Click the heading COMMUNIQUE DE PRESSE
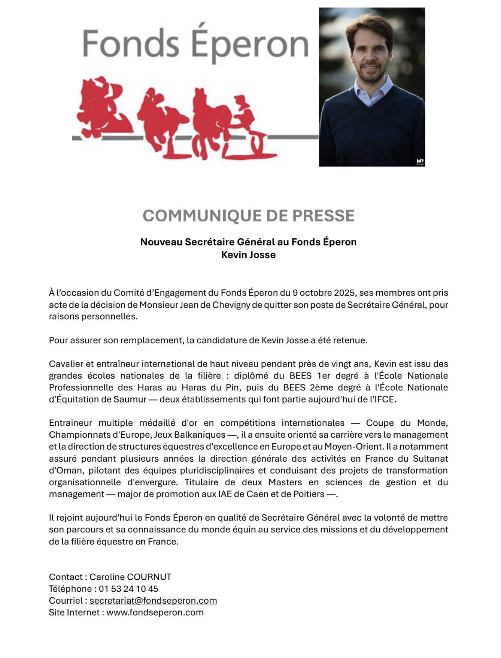pyautogui.click(x=248, y=216)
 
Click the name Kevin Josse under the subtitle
pyautogui.click(x=248, y=255)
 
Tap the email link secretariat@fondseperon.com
pyautogui.click(x=153, y=601)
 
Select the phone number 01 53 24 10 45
pyautogui.click(x=128, y=589)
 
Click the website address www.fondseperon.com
pyautogui.click(x=155, y=613)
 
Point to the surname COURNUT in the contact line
pyautogui.click(x=149, y=577)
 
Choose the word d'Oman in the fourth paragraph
pyautogui.click(x=63, y=470)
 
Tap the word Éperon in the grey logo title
pyautogui.click(x=250, y=44)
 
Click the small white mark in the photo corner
pyautogui.click(x=420, y=162)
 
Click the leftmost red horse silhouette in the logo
pyautogui.click(x=102, y=109)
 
